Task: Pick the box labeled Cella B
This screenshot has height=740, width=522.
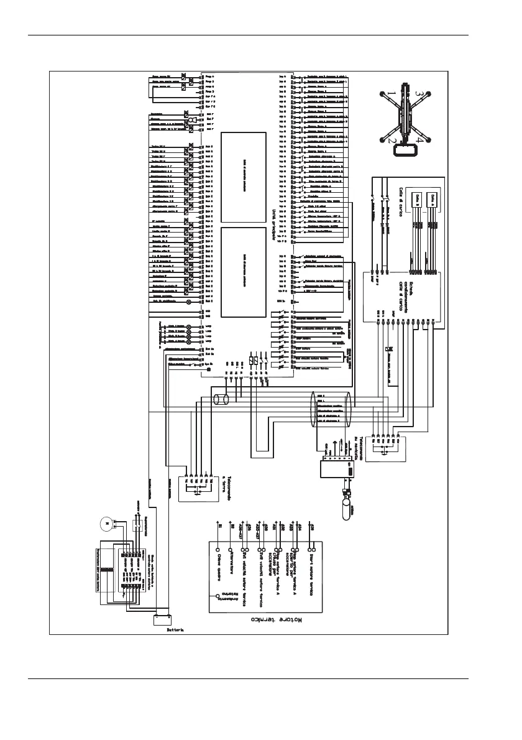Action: click(x=418, y=198)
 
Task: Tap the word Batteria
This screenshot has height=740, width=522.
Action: click(x=175, y=629)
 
